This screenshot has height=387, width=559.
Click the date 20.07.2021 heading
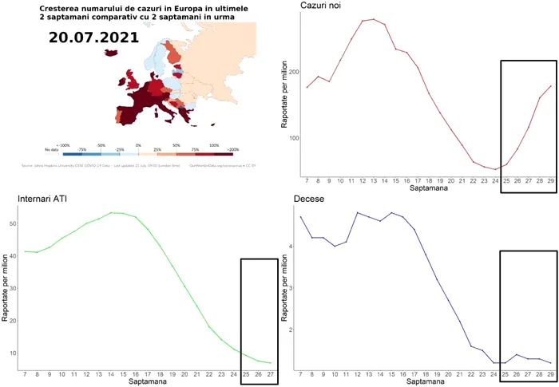[x=93, y=38]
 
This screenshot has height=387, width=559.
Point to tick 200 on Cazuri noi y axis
[x=294, y=72]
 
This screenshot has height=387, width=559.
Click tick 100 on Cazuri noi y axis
[x=294, y=138]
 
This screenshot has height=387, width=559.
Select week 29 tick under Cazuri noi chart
[x=550, y=181]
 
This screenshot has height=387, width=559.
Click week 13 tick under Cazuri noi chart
[x=373, y=181]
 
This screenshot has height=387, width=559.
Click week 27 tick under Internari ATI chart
[x=270, y=373]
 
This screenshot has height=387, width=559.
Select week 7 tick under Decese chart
[x=300, y=373]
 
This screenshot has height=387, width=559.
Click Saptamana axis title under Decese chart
[x=425, y=382]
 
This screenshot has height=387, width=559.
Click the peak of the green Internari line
[x=113, y=212]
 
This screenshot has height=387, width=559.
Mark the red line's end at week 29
[x=550, y=86]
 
